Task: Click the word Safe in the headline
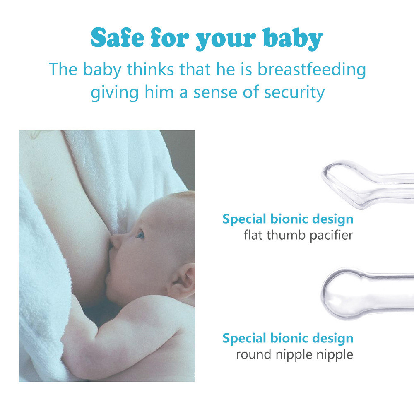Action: pos(118,37)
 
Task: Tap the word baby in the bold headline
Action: pos(293,39)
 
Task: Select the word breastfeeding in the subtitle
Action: pos(312,70)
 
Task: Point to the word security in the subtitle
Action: pos(294,93)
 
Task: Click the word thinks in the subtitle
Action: pos(150,69)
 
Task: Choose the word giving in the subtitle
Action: pos(115,93)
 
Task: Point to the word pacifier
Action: pos(332,235)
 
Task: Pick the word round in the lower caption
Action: pos(253,354)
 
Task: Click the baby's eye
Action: pos(140,234)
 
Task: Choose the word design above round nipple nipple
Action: pos(333,339)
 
